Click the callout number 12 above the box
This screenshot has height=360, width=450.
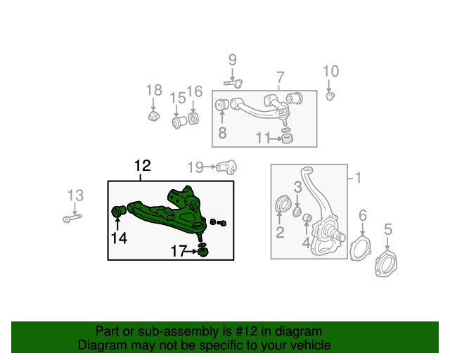(x=142, y=166)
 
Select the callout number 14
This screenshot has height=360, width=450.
(x=118, y=238)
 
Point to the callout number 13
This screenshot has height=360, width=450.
(x=75, y=195)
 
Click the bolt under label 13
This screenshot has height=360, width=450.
(x=72, y=218)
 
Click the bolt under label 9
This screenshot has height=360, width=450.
(x=233, y=83)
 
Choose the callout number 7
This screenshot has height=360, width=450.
(x=279, y=77)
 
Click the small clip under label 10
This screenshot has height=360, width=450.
(x=330, y=95)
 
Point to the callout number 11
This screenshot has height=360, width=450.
(x=262, y=139)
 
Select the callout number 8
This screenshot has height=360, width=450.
(x=222, y=132)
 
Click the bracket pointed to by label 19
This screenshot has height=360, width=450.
(x=226, y=167)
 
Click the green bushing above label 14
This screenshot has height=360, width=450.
(x=119, y=210)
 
